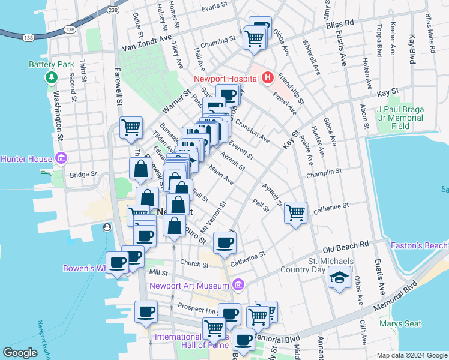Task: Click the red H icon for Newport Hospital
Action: [x=267, y=78]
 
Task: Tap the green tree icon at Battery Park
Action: [x=52, y=77]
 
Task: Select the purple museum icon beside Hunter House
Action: [x=61, y=158]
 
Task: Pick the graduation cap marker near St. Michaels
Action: [x=339, y=277]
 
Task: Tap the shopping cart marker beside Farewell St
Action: [x=131, y=127]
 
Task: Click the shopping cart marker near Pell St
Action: [x=295, y=212]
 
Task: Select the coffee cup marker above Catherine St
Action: [x=224, y=242]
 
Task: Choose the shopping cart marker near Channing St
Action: [x=254, y=38]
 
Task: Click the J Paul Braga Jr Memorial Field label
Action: [x=400, y=118]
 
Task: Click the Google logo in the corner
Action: [x=20, y=353]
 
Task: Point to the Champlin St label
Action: [x=323, y=171]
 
